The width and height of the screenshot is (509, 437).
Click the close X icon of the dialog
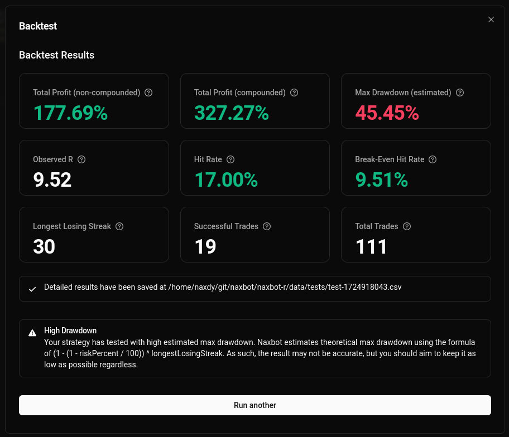point(491,20)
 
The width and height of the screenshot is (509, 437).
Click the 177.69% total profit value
point(70,113)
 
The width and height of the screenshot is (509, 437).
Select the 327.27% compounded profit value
point(232,113)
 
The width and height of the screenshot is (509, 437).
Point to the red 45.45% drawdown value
point(387,113)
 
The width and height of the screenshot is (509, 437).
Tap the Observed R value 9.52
point(52,180)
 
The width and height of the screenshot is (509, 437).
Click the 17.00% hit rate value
point(226,180)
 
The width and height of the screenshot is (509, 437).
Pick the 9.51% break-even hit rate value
point(381,180)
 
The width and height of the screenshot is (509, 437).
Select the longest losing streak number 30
point(44,247)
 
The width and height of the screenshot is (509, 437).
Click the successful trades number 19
point(205,247)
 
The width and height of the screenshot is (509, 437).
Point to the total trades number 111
point(371,247)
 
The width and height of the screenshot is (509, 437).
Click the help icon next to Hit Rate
point(231,159)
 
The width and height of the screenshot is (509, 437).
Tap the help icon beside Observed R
point(81,159)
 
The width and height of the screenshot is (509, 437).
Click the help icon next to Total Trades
point(407,226)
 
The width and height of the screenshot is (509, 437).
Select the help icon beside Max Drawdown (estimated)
point(460,93)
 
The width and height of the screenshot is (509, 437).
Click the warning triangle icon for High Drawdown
point(32,333)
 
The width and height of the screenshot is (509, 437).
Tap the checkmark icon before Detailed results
point(32,289)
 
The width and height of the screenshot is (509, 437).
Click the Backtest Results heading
point(56,55)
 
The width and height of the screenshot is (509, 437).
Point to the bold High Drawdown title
point(70,331)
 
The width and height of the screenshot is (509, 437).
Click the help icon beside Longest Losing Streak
point(119,226)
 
